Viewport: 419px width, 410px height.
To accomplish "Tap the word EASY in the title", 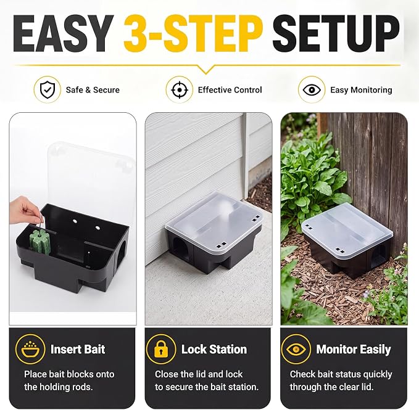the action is (x=63, y=33).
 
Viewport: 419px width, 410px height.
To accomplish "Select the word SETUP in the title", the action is (x=336, y=33).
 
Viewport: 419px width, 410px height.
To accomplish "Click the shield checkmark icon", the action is (x=48, y=89).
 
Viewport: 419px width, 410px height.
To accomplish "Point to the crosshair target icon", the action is (x=179, y=89).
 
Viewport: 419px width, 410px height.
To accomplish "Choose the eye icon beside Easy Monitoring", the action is (x=312, y=89).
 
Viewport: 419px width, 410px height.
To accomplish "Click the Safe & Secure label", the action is (x=93, y=90).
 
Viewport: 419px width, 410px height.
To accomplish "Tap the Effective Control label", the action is (x=230, y=90).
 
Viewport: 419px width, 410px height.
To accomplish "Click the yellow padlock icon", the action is (x=161, y=349).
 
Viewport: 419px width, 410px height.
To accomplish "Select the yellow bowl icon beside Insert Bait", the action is (x=30, y=349).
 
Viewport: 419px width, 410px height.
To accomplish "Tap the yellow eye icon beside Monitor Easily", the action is (x=296, y=349).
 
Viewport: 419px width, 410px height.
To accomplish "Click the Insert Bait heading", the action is (x=78, y=349).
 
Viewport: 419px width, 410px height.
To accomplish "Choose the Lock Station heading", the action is (x=214, y=349).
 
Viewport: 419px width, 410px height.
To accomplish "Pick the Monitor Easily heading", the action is (x=354, y=350).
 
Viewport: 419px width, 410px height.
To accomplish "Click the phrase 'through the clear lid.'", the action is (x=331, y=387).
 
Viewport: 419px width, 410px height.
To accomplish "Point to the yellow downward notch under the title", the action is (x=205, y=69).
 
